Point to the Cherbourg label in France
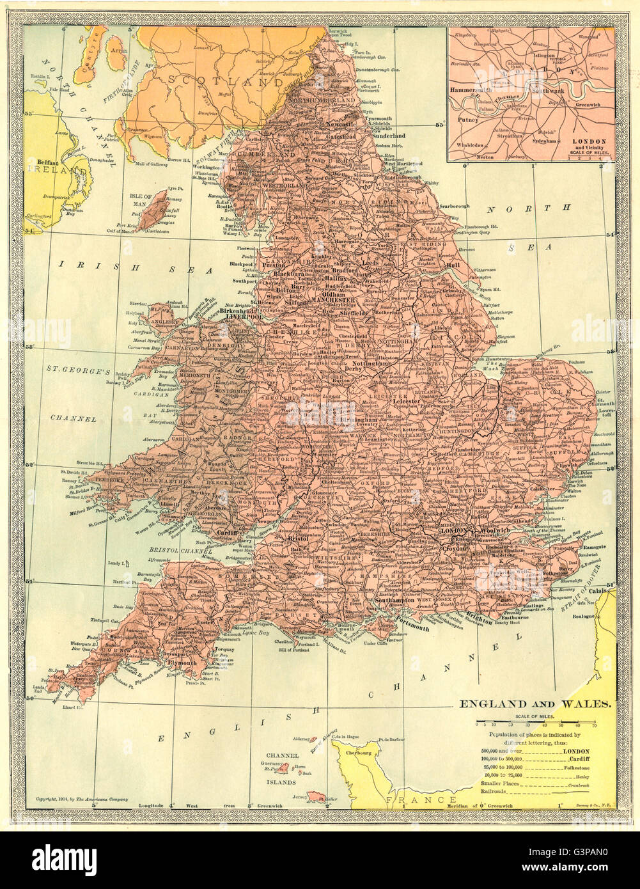click(359, 753)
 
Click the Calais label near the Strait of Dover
click(598, 591)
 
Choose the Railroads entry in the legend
click(494, 791)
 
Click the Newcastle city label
click(340, 123)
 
